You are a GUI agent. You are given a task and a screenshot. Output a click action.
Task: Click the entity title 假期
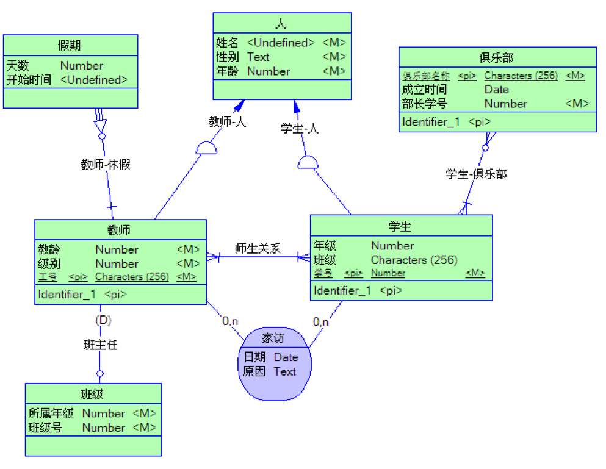point(70,45)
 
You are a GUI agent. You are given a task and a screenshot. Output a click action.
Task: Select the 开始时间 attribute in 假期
point(28,80)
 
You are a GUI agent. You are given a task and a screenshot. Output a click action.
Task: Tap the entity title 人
point(281,24)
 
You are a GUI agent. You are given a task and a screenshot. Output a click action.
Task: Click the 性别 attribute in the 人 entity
point(227,57)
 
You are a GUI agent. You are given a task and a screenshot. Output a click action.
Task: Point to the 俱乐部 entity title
point(497,58)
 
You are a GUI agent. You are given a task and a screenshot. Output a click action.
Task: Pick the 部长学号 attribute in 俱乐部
point(424,104)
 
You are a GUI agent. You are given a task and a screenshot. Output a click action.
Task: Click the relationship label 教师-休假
point(105,164)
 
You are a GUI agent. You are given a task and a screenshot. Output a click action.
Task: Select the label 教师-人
point(227,122)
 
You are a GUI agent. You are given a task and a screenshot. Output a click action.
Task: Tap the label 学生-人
point(300,129)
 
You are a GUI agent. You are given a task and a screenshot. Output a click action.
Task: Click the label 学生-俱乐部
point(476,174)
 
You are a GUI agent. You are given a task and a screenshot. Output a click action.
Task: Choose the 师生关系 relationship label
point(258,248)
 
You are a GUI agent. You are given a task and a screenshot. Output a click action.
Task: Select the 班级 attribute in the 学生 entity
point(325,260)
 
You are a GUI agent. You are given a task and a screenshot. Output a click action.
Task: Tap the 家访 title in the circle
point(273,338)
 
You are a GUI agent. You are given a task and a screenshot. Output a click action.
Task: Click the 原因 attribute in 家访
point(254,371)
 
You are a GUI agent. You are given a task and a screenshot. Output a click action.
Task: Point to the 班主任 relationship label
point(100,345)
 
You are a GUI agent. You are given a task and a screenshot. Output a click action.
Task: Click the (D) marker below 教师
point(103,320)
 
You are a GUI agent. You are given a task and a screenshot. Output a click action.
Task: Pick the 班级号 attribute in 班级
point(45,428)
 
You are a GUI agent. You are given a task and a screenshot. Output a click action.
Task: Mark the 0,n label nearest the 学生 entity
point(321,322)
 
